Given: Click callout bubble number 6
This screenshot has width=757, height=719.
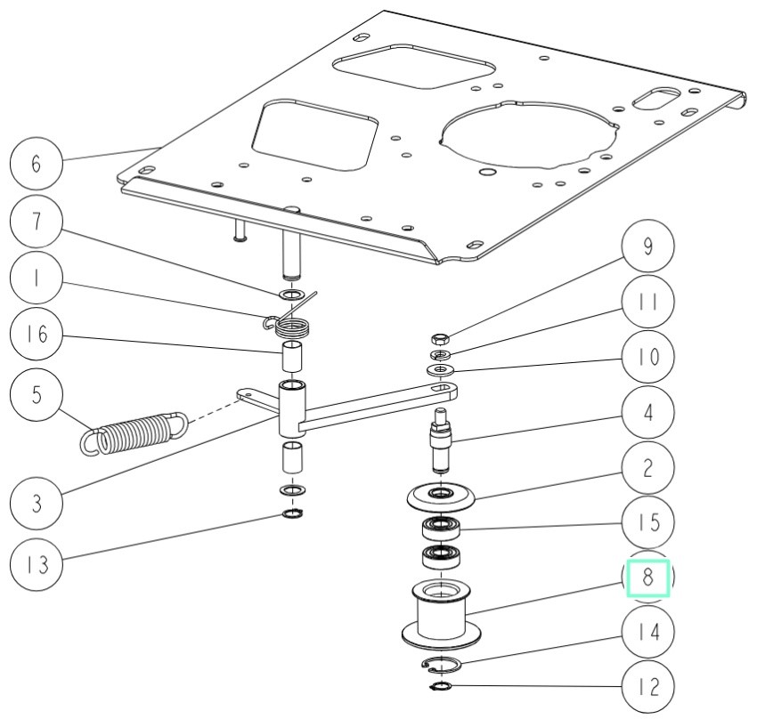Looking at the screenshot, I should [x=36, y=166].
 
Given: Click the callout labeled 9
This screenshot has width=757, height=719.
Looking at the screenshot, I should [x=647, y=247].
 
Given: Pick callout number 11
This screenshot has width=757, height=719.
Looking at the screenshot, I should [x=647, y=303].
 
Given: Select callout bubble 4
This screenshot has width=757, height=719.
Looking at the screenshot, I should [x=647, y=415].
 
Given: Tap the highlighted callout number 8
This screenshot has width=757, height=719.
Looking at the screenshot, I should [x=648, y=577].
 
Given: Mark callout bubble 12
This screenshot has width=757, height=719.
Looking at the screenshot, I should [x=647, y=688].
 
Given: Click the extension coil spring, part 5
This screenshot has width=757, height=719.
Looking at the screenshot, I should [x=134, y=430].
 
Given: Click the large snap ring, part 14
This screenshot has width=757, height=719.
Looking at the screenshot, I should [x=440, y=664].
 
